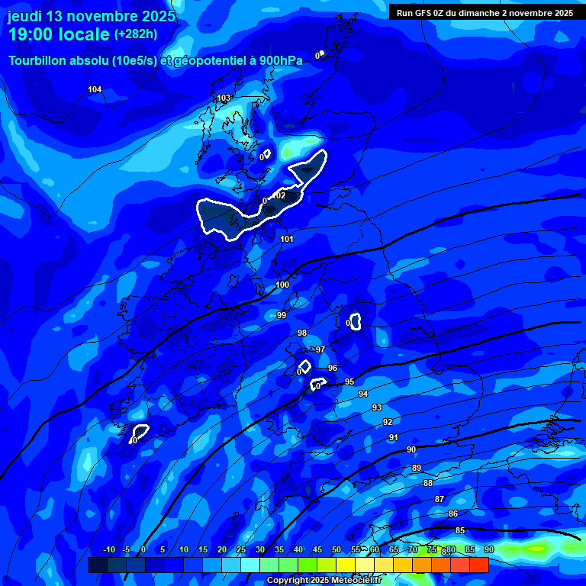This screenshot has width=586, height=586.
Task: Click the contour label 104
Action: [95, 90]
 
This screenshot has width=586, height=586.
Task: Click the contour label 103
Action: [224, 98]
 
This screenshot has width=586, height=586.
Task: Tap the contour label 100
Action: [282, 285]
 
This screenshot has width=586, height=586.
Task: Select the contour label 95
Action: [349, 382]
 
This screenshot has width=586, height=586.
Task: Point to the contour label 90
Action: [411, 449]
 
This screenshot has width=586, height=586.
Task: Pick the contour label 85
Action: [460, 530]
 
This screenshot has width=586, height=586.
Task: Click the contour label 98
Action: [302, 333]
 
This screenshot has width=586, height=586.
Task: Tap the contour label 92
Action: [388, 422]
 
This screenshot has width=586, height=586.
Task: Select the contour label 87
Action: [439, 499]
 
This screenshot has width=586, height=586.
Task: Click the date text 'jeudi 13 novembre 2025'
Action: [91, 16]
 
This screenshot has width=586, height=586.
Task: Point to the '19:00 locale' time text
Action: [59, 34]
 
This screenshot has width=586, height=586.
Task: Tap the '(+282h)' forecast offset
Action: [136, 34]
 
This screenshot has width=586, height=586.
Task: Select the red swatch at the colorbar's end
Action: [478, 565]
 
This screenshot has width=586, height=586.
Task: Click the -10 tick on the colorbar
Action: [108, 549]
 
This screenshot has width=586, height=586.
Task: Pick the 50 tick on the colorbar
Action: [336, 549]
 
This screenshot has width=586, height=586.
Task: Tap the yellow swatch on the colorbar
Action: [345, 565]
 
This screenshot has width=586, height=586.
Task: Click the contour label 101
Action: [287, 240]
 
